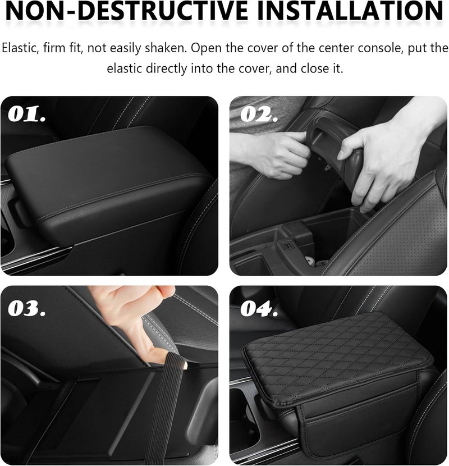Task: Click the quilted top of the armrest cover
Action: (x=337, y=348)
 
